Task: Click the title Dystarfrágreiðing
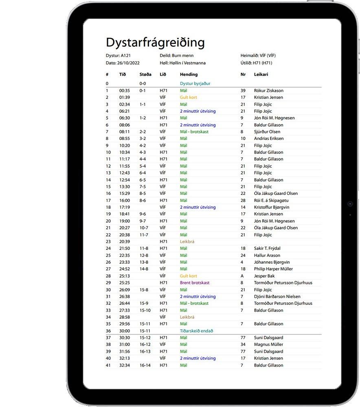coord(155,42)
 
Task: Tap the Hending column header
coord(189,74)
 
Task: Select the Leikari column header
coord(261,74)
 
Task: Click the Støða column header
coord(145,74)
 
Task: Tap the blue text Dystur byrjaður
coord(195,83)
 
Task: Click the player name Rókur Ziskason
coord(268,90)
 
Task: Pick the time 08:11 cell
coord(124,132)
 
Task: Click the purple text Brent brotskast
coord(195,283)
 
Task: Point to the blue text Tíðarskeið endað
coord(196,331)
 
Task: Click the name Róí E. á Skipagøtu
coord(271,200)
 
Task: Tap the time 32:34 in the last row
coord(124,365)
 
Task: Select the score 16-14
coord(145,365)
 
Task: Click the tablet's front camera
coord(350,203)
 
